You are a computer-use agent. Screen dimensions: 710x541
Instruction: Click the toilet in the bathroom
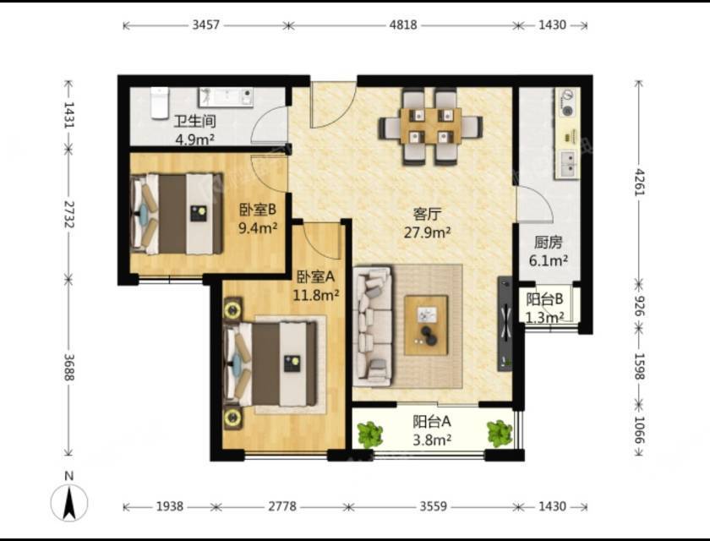(x=160, y=103)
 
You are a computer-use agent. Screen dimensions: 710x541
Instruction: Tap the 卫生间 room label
(x=194, y=122)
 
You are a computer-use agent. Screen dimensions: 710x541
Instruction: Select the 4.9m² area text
(x=194, y=139)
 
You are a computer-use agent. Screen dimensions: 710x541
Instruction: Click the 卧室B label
(x=258, y=210)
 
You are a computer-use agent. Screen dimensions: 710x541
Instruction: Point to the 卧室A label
(x=315, y=276)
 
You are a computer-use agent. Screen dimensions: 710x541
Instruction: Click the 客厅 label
(x=427, y=214)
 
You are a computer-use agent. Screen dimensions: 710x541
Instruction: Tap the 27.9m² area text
(x=427, y=232)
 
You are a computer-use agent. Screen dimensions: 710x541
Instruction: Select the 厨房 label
(x=548, y=243)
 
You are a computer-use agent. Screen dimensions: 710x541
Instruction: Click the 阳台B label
(x=544, y=299)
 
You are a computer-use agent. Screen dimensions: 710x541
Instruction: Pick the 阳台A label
(x=432, y=422)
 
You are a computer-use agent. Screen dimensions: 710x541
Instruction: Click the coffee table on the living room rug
(x=426, y=325)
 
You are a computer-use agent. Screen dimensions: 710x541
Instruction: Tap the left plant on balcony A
(x=370, y=434)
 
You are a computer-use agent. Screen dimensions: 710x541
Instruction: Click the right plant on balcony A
(x=500, y=434)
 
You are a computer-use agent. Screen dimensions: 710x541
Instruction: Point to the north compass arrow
(x=69, y=502)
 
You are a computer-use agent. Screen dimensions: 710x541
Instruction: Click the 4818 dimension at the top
(x=403, y=25)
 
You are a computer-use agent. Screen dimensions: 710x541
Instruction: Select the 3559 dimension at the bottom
(x=434, y=506)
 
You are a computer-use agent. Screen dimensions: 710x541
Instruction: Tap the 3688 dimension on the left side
(x=68, y=367)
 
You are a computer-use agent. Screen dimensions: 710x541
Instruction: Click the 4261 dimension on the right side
(x=639, y=182)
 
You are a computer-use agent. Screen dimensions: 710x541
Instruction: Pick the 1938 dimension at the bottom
(x=170, y=506)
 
